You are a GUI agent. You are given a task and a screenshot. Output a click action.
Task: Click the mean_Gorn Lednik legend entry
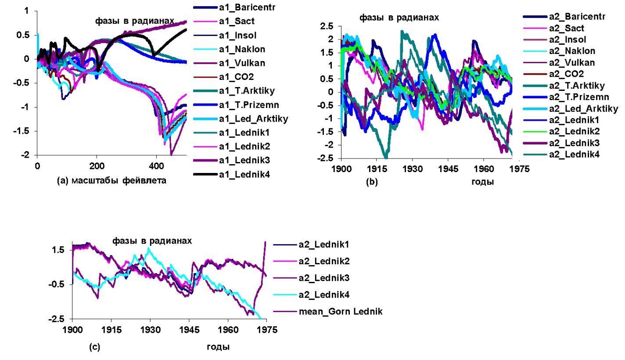click(328, 312)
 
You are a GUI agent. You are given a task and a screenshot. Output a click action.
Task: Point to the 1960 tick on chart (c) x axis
click(227, 329)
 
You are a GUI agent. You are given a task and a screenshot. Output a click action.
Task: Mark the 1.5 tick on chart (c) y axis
click(61, 250)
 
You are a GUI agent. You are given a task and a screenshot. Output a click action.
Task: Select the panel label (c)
click(94, 347)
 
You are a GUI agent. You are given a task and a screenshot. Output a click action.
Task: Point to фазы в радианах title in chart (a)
click(134, 21)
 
